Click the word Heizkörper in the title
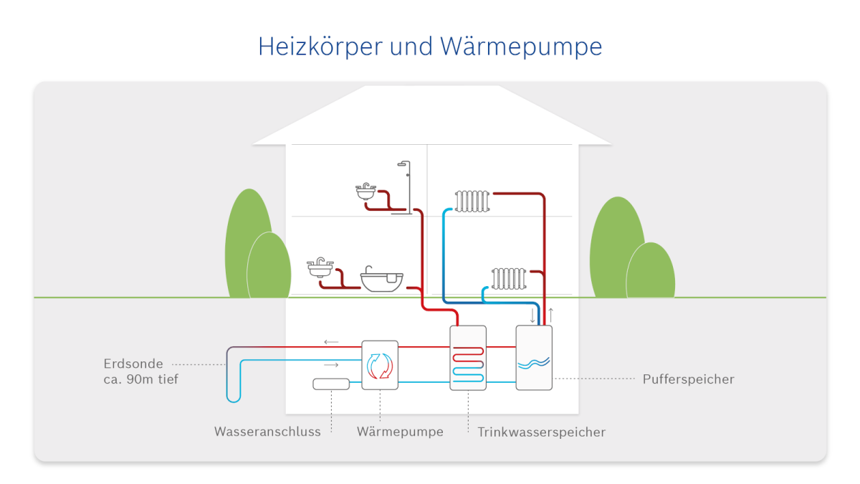320,47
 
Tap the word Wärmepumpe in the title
521,47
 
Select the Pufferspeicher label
689,379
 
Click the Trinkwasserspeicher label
541,432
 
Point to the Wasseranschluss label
267,432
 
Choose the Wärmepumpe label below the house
400,432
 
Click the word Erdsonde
133,364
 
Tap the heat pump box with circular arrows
380,365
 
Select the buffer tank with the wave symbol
534,358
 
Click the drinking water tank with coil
468,358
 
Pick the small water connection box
331,384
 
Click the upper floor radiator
472,201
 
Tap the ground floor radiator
509,278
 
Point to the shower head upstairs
402,164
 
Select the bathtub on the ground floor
381,280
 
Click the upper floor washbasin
365,191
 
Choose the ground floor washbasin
320,267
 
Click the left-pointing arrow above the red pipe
331,341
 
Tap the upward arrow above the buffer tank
550,315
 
